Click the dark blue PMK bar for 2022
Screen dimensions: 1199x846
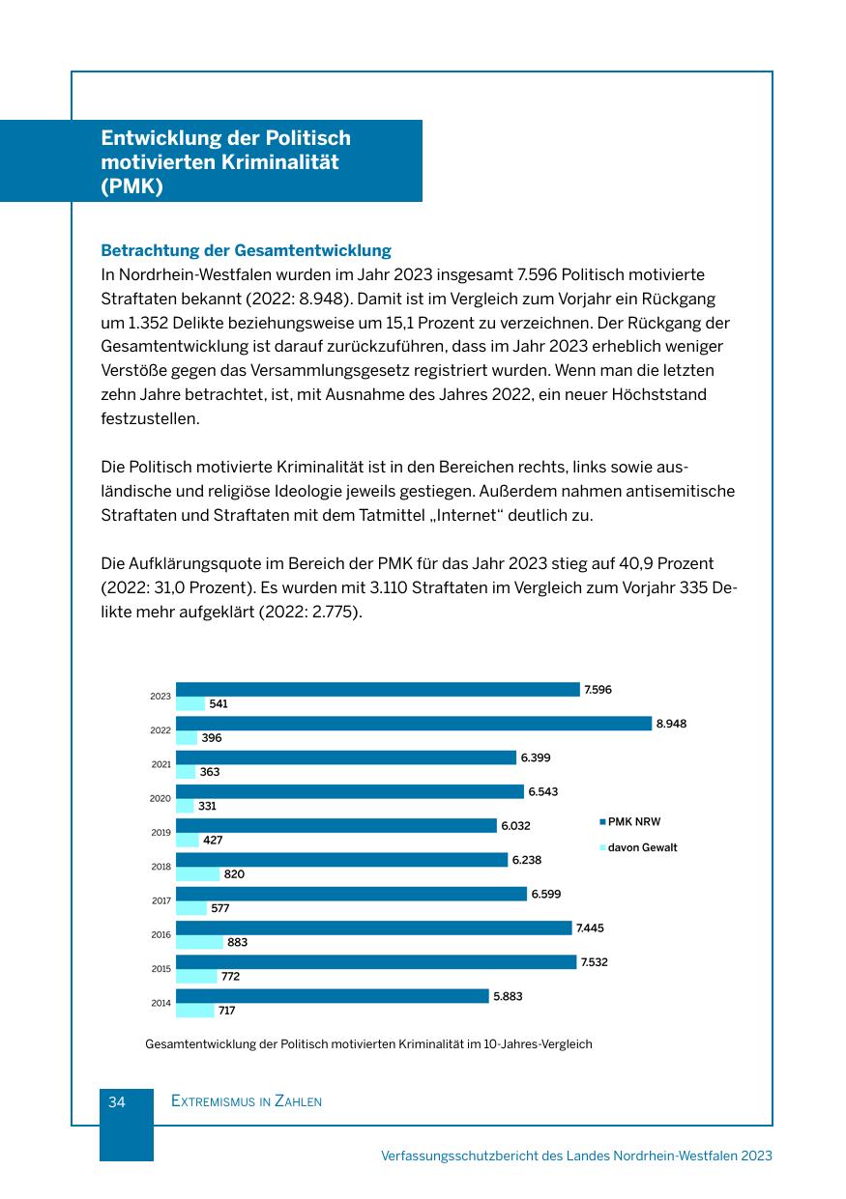(414, 724)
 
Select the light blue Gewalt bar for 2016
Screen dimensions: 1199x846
(199, 942)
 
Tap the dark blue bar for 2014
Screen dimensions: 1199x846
(332, 996)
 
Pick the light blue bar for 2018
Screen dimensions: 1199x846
(197, 874)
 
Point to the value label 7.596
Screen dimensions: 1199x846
(598, 690)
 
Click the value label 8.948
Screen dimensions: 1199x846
(671, 724)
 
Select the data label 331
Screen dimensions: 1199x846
(207, 806)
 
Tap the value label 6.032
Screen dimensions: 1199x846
(515, 826)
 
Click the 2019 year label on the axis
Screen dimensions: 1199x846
(160, 833)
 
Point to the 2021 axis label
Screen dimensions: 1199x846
(160, 764)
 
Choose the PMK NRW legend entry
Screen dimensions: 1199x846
(633, 822)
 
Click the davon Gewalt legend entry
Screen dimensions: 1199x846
(642, 847)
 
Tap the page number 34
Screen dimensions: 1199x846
(117, 1101)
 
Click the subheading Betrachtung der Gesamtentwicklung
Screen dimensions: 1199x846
(246, 250)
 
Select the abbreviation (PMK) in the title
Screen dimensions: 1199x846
(131, 186)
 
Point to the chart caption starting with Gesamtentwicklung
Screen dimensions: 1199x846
(367, 1044)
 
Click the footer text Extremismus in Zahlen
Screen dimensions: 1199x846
(246, 1101)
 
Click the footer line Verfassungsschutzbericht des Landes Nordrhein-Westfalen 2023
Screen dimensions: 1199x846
(576, 1156)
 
